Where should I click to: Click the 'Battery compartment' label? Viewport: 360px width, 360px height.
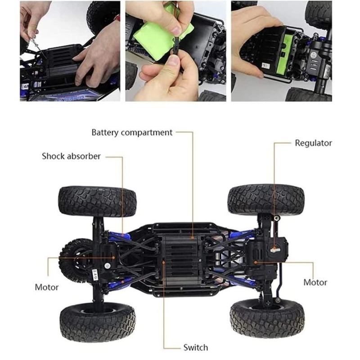coord(132,133)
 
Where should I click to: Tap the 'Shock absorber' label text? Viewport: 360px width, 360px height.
coord(71,156)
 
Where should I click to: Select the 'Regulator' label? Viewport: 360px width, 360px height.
coord(313,143)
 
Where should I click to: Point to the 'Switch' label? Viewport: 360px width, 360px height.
coord(196,347)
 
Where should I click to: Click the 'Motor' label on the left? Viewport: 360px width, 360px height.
coord(47,287)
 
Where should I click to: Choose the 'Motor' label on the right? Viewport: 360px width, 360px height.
coord(315,283)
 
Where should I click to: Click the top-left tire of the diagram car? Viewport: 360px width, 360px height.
coord(97,201)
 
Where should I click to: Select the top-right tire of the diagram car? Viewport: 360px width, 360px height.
coord(266,199)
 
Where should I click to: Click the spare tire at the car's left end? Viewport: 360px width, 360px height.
coord(74,260)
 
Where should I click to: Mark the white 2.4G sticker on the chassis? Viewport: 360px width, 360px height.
coord(95,275)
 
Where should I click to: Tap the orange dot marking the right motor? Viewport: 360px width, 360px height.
coord(255,262)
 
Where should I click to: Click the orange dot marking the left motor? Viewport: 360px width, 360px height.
coord(113,257)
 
